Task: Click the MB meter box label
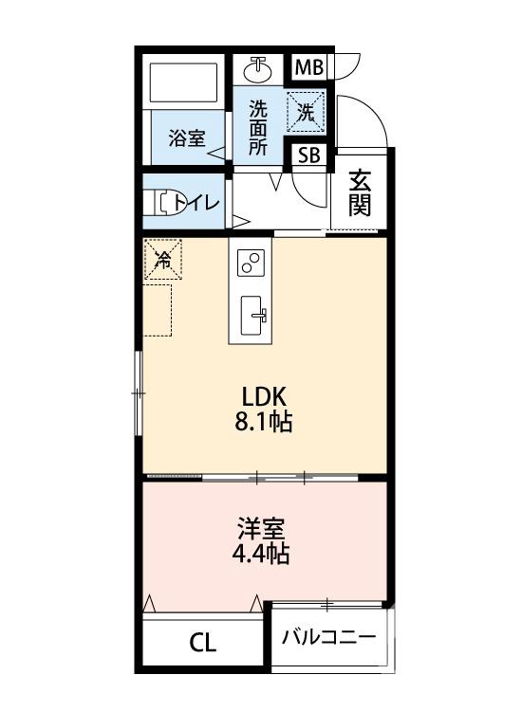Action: click(x=308, y=68)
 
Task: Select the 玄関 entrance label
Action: click(x=359, y=191)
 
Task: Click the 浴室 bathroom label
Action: click(x=187, y=138)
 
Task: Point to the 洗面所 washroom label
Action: click(x=258, y=127)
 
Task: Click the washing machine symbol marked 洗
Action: click(x=307, y=110)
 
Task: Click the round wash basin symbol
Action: click(x=258, y=69)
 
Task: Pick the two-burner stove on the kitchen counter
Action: click(x=251, y=263)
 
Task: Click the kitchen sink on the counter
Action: click(x=252, y=315)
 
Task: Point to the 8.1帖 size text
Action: click(x=263, y=423)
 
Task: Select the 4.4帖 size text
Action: click(x=262, y=554)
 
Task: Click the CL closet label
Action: click(x=203, y=644)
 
